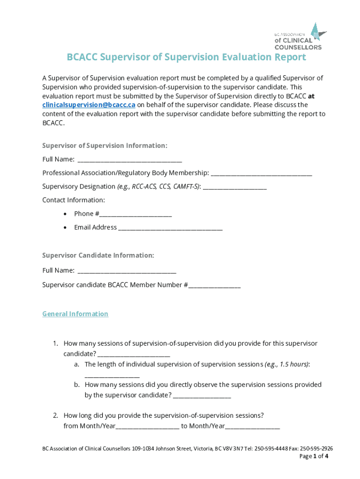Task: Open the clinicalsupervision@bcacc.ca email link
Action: (x=89, y=105)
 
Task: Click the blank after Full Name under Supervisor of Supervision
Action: (x=130, y=160)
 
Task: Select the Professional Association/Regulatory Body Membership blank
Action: (x=261, y=173)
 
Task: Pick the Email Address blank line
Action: (x=171, y=228)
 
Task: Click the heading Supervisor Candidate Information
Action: (x=98, y=255)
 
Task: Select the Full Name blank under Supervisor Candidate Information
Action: (x=127, y=271)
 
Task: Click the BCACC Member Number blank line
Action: (x=215, y=285)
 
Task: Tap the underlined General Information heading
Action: (x=75, y=314)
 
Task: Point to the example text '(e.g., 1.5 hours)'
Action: (x=287, y=364)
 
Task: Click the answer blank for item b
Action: (x=202, y=396)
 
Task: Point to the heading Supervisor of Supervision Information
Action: (x=105, y=146)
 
